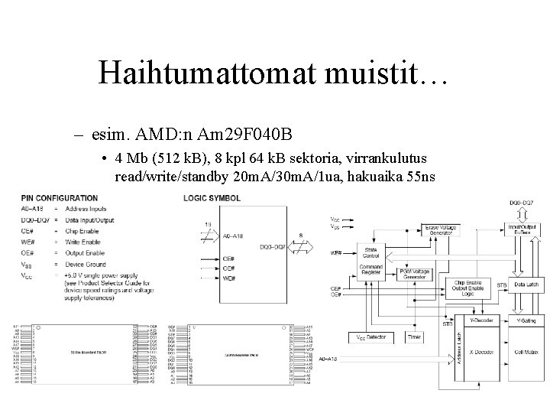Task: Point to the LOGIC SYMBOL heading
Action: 212,197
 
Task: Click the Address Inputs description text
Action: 87,209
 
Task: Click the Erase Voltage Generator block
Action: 421,228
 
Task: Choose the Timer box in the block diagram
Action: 414,337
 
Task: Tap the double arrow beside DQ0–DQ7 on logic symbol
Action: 305,246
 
